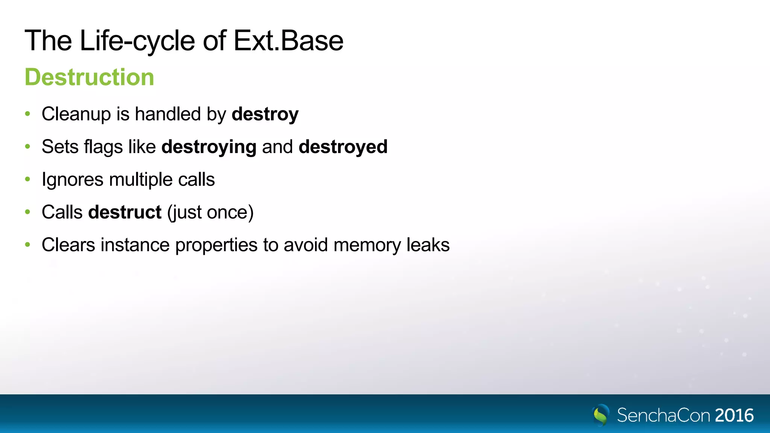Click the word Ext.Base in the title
click(x=288, y=41)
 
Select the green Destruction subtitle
click(x=89, y=77)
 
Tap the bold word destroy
click(x=265, y=114)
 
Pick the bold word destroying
click(x=209, y=147)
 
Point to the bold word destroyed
click(x=343, y=147)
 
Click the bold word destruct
click(x=125, y=212)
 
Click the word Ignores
click(x=73, y=180)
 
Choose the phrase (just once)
click(x=210, y=212)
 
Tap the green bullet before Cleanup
click(x=27, y=114)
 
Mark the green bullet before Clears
click(x=27, y=245)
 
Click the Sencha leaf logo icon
click(x=600, y=415)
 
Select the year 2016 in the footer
click(x=734, y=415)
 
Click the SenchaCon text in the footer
click(x=663, y=415)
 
